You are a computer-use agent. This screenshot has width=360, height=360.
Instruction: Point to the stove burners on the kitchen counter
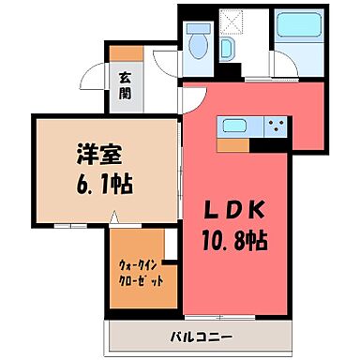pyautogui.click(x=276, y=125)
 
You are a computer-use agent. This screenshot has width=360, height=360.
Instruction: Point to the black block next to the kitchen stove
pyautogui.click(x=276, y=144)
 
